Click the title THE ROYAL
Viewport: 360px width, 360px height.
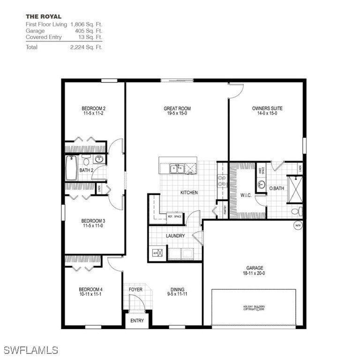pyautogui.click(x=43, y=16)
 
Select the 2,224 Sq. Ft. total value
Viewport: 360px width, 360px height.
pyautogui.click(x=86, y=47)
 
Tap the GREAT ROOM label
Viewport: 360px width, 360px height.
pyautogui.click(x=177, y=108)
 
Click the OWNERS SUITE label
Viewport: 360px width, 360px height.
pyautogui.click(x=267, y=108)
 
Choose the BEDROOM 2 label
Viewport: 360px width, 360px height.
pyautogui.click(x=93, y=108)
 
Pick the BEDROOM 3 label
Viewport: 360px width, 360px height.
pyautogui.click(x=93, y=221)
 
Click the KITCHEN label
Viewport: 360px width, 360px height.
pyautogui.click(x=189, y=193)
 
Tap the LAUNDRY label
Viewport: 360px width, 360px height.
pyautogui.click(x=175, y=236)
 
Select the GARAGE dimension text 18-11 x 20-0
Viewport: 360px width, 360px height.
pyautogui.click(x=253, y=273)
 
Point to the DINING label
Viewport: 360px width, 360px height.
pyautogui.click(x=178, y=289)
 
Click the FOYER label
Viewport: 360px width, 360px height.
pyautogui.click(x=135, y=289)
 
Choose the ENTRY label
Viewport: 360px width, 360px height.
pyautogui.click(x=137, y=321)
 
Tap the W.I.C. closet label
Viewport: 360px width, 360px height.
pyautogui.click(x=246, y=195)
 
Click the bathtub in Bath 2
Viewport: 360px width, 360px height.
pyautogui.click(x=71, y=169)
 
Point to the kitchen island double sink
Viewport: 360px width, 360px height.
pyautogui.click(x=177, y=167)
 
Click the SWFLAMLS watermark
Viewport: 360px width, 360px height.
pyautogui.click(x=31, y=350)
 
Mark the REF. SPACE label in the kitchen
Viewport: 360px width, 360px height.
pyautogui.click(x=174, y=217)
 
